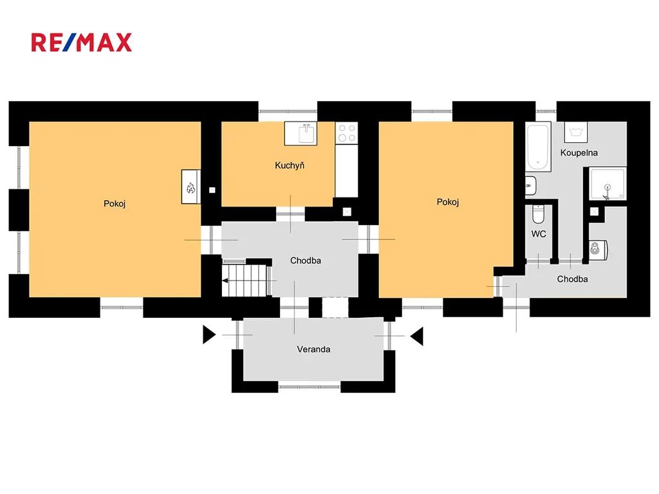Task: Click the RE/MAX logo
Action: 82,42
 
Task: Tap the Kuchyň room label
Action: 290,165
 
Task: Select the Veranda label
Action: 313,349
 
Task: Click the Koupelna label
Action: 579,153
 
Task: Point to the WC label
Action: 539,234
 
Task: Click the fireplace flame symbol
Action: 190,187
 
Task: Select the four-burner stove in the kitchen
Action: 347,133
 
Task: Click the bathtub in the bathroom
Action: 538,147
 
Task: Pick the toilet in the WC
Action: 538,214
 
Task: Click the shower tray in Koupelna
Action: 608,183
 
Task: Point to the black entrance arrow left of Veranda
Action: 209,334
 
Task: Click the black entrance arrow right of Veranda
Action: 417,336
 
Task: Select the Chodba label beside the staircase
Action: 306,261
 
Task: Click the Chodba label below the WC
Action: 572,279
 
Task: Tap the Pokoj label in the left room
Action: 115,204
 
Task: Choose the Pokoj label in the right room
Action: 448,202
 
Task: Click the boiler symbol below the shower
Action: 598,250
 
